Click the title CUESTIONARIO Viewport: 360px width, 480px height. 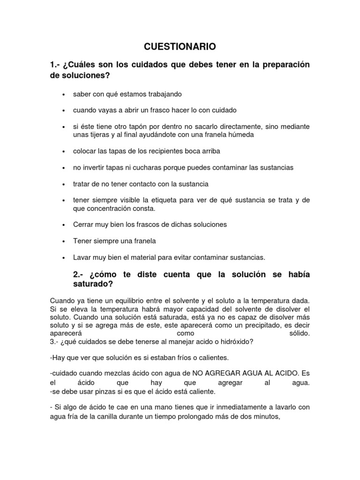pos(180,46)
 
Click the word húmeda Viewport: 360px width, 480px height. pos(240,135)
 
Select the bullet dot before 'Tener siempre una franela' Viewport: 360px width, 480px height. pos(63,241)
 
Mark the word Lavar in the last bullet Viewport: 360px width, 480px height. pos(81,257)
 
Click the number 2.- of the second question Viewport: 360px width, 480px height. pos(79,274)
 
